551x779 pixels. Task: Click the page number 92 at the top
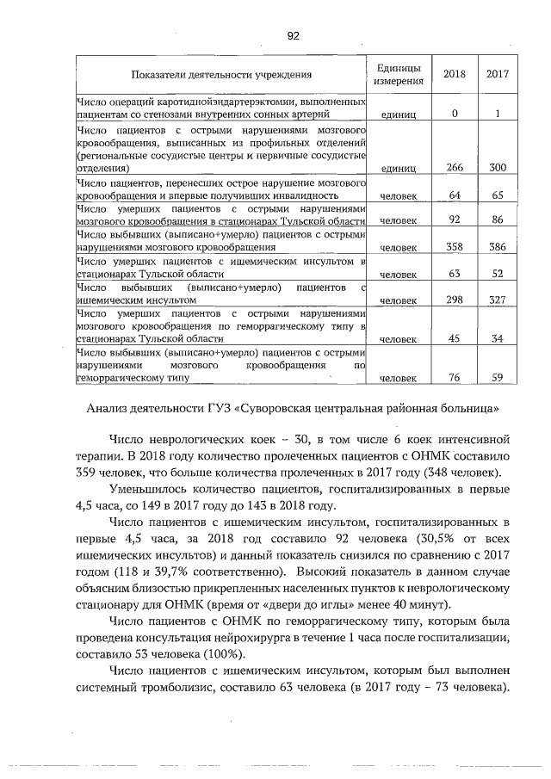(x=293, y=35)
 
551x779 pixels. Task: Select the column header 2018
(x=454, y=75)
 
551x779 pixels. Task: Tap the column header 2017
(x=496, y=75)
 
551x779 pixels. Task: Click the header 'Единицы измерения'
(x=399, y=75)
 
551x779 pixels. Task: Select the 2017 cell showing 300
(x=497, y=168)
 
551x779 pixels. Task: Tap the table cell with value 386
(x=497, y=246)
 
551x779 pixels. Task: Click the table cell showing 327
(x=497, y=300)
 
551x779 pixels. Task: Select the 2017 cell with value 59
(x=497, y=376)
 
